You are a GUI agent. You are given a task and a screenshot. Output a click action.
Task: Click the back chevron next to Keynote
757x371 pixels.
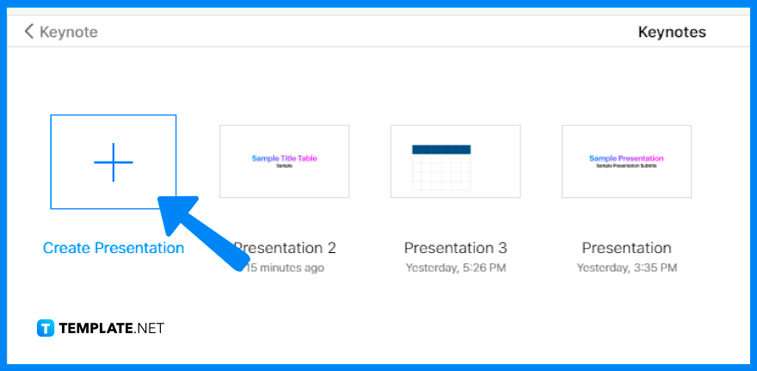(29, 32)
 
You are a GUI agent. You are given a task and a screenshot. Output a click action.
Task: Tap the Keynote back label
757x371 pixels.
(70, 32)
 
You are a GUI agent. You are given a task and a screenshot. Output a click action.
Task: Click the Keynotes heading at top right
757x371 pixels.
(671, 32)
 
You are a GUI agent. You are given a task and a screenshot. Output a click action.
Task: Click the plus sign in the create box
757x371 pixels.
(114, 161)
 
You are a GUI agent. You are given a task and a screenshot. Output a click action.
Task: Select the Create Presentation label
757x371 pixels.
(114, 248)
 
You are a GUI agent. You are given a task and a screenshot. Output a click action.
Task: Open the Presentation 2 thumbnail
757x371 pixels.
(284, 161)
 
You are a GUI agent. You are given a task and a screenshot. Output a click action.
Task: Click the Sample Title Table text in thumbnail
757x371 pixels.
(284, 158)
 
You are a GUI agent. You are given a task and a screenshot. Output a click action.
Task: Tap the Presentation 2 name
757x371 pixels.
(288, 248)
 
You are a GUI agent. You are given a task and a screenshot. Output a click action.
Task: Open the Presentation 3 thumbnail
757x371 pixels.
(455, 161)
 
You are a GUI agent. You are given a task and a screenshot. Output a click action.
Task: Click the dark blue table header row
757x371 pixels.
(441, 149)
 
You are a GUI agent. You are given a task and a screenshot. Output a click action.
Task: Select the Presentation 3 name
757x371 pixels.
(455, 248)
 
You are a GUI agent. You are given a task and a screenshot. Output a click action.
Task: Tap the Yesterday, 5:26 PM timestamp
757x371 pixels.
(455, 268)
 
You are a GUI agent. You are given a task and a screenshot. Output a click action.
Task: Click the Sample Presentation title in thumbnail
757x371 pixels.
(626, 158)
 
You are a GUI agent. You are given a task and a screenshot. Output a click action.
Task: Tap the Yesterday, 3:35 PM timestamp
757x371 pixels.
(626, 268)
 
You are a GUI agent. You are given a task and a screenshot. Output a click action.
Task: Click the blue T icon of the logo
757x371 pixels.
(46, 328)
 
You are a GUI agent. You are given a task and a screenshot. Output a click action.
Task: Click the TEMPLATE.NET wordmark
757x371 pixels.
(111, 328)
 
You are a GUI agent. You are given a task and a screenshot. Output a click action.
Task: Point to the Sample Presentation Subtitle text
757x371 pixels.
(626, 165)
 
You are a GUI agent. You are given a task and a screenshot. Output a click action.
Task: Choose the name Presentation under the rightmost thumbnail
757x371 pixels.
(626, 248)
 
